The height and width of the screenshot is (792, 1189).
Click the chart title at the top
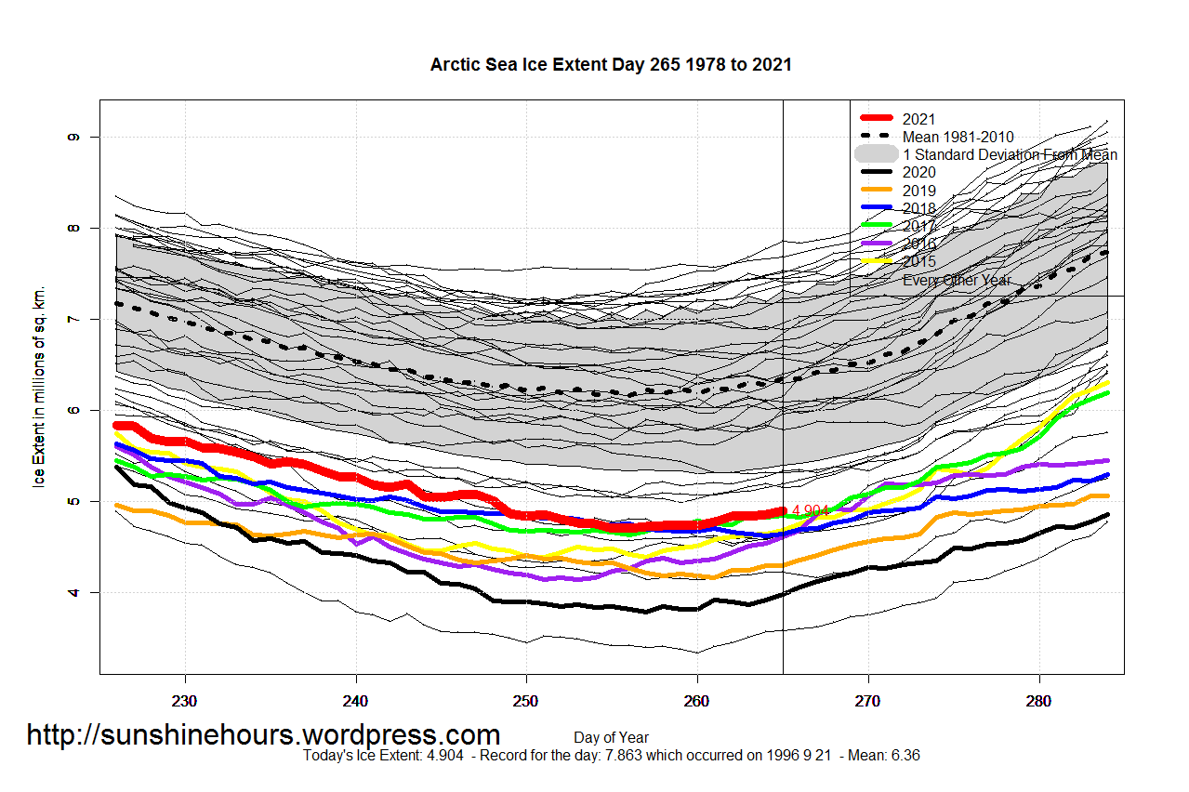pos(611,64)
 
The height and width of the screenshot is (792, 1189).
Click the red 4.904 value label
pos(810,511)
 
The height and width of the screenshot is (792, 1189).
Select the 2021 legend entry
pos(918,119)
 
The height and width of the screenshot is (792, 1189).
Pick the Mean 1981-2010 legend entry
pos(958,137)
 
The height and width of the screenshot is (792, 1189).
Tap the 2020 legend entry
pos(918,172)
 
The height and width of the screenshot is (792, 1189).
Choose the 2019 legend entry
pos(918,191)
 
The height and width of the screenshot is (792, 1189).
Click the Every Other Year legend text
pos(957,280)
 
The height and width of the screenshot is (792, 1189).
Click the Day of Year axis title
pos(611,738)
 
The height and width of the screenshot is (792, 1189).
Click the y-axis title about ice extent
pos(39,387)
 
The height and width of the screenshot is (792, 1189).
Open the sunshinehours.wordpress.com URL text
pos(263,735)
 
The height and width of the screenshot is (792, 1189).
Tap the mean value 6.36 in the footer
pos(905,756)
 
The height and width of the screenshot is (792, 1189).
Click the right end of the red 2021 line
pos(783,510)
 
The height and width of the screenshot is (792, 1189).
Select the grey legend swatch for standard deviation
pos(876,154)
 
